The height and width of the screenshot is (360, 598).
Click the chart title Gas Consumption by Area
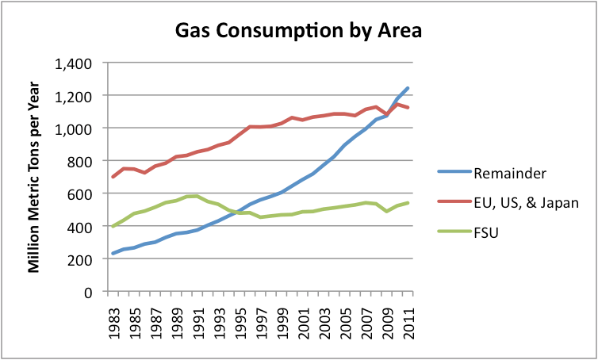[298, 32]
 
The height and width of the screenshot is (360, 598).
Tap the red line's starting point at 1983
[113, 177]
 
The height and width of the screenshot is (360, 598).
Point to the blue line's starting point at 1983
[113, 254]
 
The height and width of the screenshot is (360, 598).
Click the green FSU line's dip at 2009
[387, 212]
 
